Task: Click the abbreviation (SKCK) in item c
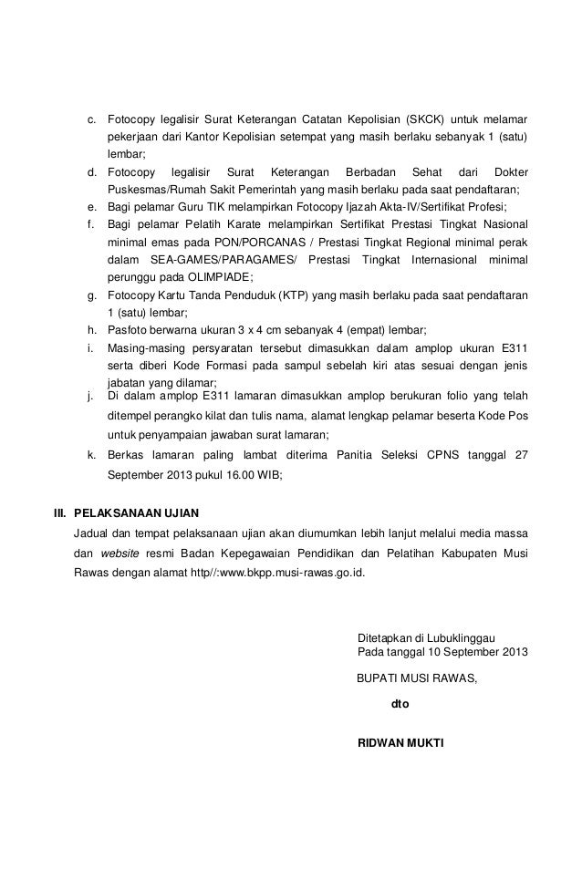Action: coord(426,120)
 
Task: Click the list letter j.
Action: coord(90,396)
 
